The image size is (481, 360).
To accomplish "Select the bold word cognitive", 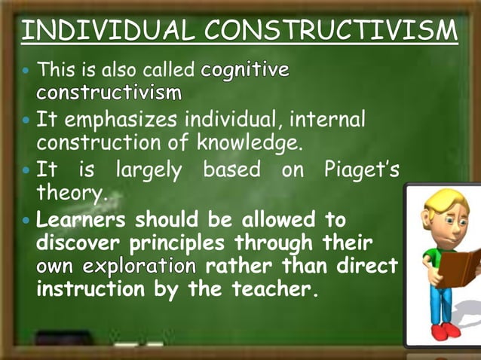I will coord(245,72).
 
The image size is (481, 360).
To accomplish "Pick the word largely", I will coord(148,171).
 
